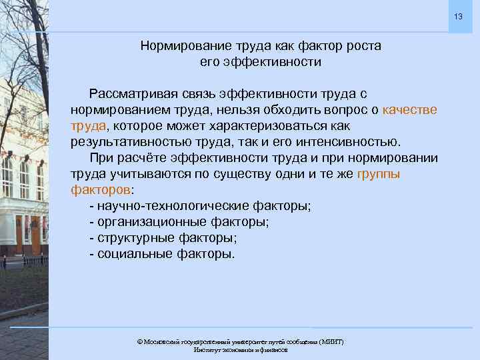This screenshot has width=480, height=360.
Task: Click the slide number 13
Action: [459, 16]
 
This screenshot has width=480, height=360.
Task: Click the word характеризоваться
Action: [292, 126]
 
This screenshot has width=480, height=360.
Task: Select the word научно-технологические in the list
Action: [173, 206]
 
